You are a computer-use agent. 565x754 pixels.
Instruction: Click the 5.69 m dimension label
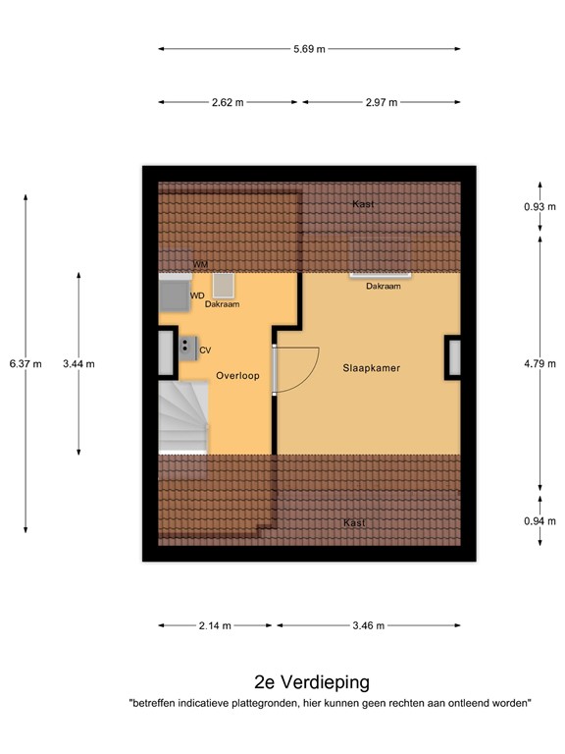pos(309,48)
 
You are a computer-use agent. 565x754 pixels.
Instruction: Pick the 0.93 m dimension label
pos(539,207)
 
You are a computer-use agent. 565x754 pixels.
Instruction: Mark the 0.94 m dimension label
pos(539,520)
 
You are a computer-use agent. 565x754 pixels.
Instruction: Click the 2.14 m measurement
pos(215,625)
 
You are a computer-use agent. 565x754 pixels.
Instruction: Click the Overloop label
pos(238,375)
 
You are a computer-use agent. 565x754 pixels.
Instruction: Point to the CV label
pos(205,350)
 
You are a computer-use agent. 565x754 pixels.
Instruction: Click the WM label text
pos(200,265)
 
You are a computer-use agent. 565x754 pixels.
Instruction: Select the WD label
pos(197,295)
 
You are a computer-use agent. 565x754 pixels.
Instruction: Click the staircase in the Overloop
pos(183,417)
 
